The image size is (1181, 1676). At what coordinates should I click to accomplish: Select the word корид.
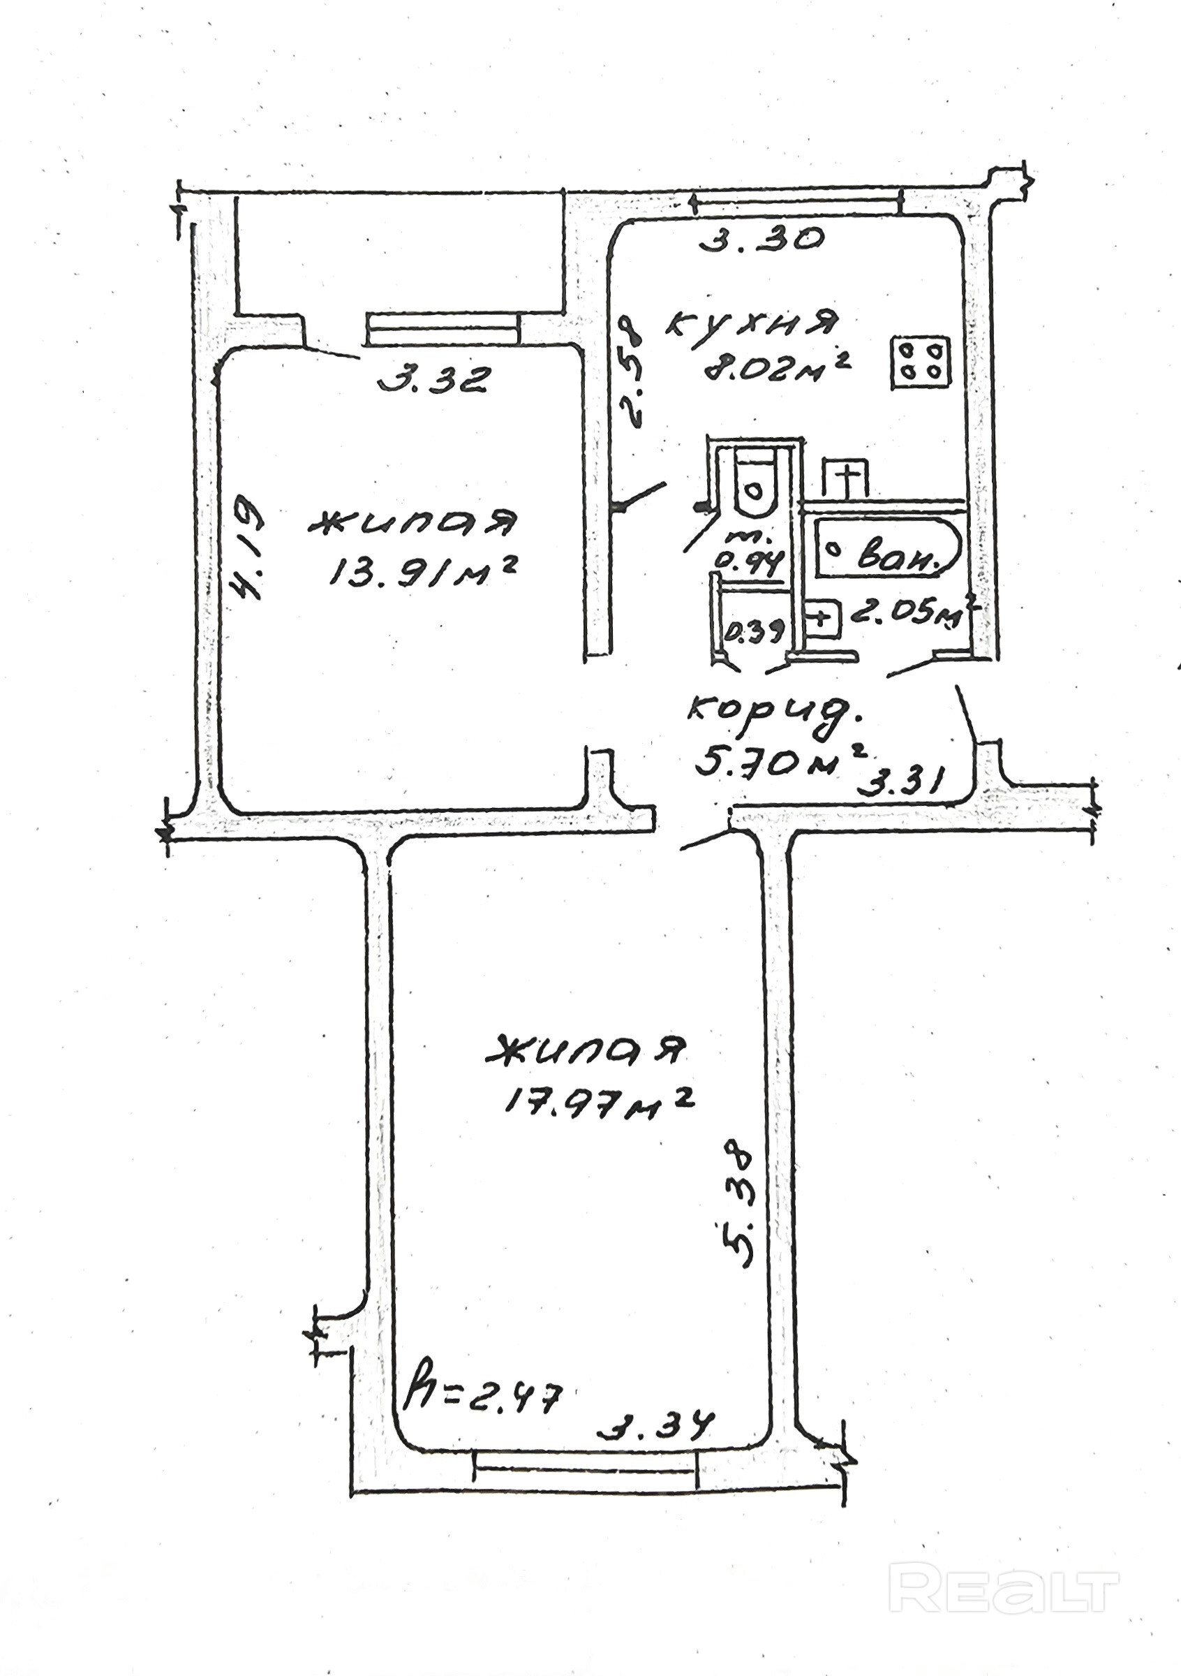click(x=775, y=710)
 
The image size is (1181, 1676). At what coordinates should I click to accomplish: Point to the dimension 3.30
click(x=761, y=240)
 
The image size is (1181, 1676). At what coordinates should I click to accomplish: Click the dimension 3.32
click(x=432, y=380)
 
